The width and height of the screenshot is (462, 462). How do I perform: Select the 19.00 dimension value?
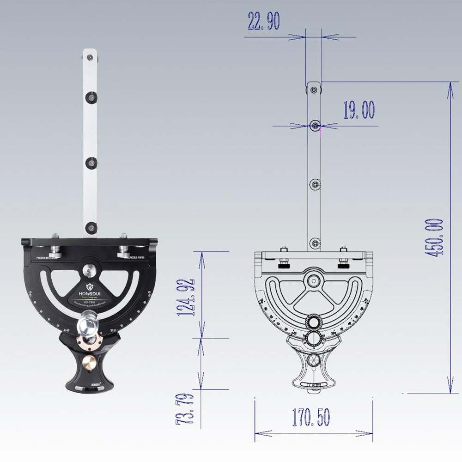pos(359,110)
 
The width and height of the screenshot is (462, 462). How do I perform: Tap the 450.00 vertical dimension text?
pos(436,237)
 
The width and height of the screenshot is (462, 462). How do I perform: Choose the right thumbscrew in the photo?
pos(124,252)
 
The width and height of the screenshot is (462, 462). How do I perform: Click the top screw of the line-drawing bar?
pos(314,89)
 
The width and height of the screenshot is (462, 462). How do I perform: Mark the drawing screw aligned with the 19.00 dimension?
pos(315,125)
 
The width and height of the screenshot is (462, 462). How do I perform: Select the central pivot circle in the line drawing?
pos(315,280)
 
